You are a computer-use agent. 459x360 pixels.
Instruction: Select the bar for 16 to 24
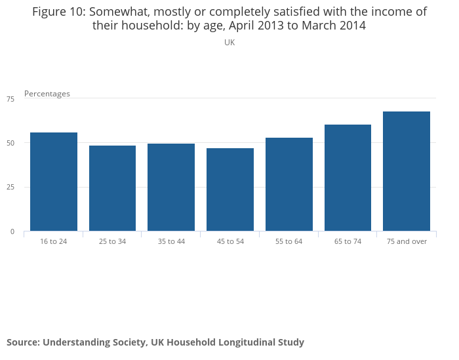pos(54,182)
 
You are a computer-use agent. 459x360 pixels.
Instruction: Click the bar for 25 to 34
pos(112,188)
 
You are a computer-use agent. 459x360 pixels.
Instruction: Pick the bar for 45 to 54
pos(230,190)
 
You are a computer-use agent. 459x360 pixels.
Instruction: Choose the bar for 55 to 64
pos(289,184)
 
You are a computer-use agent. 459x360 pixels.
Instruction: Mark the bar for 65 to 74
pos(348,178)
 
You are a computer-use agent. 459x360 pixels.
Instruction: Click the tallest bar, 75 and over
pos(407,171)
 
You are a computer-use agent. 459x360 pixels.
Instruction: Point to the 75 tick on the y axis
pos(10,99)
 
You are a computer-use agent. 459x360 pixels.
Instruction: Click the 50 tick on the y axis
pos(10,143)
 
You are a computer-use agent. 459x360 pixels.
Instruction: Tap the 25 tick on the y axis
pos(10,188)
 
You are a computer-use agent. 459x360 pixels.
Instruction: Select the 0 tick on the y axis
pos(12,231)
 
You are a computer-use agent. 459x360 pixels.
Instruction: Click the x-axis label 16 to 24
pos(54,241)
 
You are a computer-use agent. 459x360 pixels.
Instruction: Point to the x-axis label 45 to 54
pos(230,241)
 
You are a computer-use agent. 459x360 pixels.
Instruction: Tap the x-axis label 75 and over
pos(407,241)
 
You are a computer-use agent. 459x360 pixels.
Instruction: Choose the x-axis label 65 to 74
pos(348,241)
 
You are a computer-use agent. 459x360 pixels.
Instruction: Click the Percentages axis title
pos(47,94)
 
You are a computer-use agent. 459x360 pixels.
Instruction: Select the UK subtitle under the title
pos(229,43)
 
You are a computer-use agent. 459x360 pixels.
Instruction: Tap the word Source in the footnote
pos(22,342)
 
